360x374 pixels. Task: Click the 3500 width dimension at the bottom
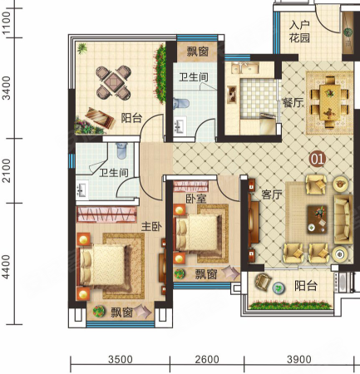pos(121,359)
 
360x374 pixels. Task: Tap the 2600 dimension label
pos(207,359)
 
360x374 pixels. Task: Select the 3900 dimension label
pos(299,359)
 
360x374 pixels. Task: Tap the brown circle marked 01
pos(318,160)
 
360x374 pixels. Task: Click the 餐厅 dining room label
pos(293,103)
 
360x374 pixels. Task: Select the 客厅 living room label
pos(272,194)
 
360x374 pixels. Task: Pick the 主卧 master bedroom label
pos(151,227)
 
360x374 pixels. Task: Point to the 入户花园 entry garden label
pos(299,32)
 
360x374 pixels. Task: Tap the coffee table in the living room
pos(318,219)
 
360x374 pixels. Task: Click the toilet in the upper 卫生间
pos(180,104)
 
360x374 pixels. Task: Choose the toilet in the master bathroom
pos(121,150)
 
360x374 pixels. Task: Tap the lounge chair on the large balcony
pos(100,119)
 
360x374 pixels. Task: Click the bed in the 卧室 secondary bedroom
pos(198,232)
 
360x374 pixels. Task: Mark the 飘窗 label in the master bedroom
pos(122,312)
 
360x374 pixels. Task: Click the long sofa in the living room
pos(343,218)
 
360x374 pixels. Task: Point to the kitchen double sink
pos(245,68)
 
